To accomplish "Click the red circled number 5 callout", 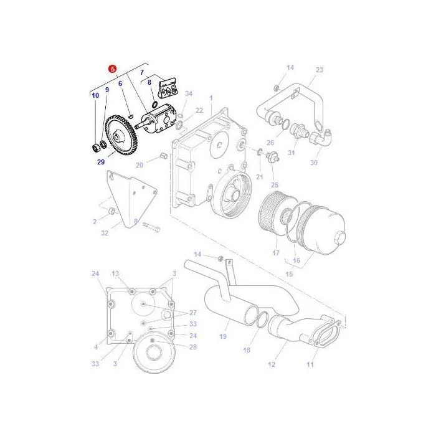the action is [112, 69].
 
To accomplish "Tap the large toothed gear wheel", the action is [120, 135].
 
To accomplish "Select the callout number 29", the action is [101, 162].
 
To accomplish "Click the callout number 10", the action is [95, 96].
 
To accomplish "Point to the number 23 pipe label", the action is [320, 70].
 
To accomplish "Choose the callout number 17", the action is [276, 253].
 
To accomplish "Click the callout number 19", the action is [223, 336].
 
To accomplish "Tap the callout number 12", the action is [272, 364].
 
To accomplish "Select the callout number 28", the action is [193, 347].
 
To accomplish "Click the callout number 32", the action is [105, 233].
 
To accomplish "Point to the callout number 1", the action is [211, 98].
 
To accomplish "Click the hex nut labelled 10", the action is [96, 148].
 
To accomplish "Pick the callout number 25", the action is [275, 185].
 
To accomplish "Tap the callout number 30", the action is [314, 163].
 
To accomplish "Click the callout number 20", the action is [140, 165].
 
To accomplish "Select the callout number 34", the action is [189, 93].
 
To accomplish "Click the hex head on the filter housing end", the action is [340, 237].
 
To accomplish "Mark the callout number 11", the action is [310, 364].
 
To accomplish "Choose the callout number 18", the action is [247, 350].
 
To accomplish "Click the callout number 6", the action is [120, 83].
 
